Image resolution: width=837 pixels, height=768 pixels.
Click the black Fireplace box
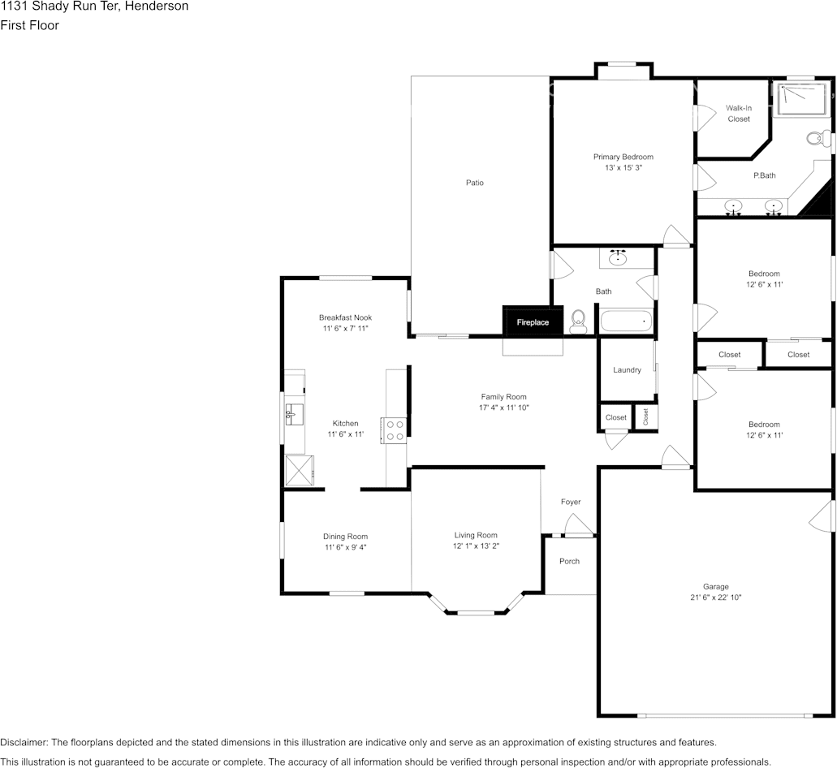(x=533, y=321)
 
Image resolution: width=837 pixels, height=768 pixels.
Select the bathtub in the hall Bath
(x=627, y=321)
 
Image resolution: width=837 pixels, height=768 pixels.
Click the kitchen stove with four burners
(x=394, y=431)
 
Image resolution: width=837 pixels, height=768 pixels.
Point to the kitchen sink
(x=294, y=414)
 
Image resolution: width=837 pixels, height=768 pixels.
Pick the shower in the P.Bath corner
(x=801, y=98)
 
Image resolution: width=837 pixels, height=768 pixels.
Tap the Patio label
(x=475, y=183)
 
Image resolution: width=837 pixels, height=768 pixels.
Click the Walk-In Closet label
(x=739, y=113)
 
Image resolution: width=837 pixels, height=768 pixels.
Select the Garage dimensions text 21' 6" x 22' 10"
(x=715, y=598)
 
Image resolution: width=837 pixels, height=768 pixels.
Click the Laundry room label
(x=627, y=370)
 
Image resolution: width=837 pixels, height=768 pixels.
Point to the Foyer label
(x=571, y=502)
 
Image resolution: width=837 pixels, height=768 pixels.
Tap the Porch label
(x=570, y=561)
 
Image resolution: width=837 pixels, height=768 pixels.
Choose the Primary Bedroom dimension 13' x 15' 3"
(x=623, y=167)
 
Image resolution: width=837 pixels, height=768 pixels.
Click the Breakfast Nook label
(x=345, y=317)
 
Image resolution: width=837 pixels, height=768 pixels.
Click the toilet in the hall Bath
(x=578, y=321)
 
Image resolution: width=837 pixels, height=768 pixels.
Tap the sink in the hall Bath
(x=619, y=258)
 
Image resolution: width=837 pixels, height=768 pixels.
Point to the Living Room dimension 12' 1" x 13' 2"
(x=476, y=546)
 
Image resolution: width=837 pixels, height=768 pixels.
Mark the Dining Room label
(x=345, y=537)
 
